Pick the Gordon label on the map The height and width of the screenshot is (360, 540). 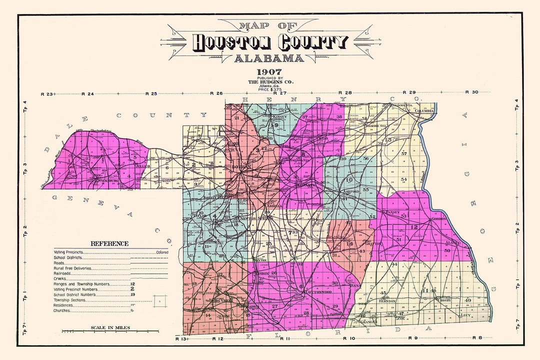(x=438, y=219)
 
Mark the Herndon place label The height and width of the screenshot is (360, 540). (x=387, y=301)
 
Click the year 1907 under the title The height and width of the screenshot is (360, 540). (x=269, y=71)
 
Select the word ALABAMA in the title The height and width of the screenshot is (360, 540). (x=269, y=58)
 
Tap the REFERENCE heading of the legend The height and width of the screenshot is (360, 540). (x=109, y=243)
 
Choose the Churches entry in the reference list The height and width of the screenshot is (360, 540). (x=62, y=310)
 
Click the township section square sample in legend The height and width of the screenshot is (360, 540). (x=159, y=300)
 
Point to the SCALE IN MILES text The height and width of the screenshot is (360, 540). (x=110, y=327)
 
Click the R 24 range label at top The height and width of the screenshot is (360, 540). (x=88, y=93)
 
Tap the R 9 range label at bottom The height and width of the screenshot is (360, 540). (x=412, y=338)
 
